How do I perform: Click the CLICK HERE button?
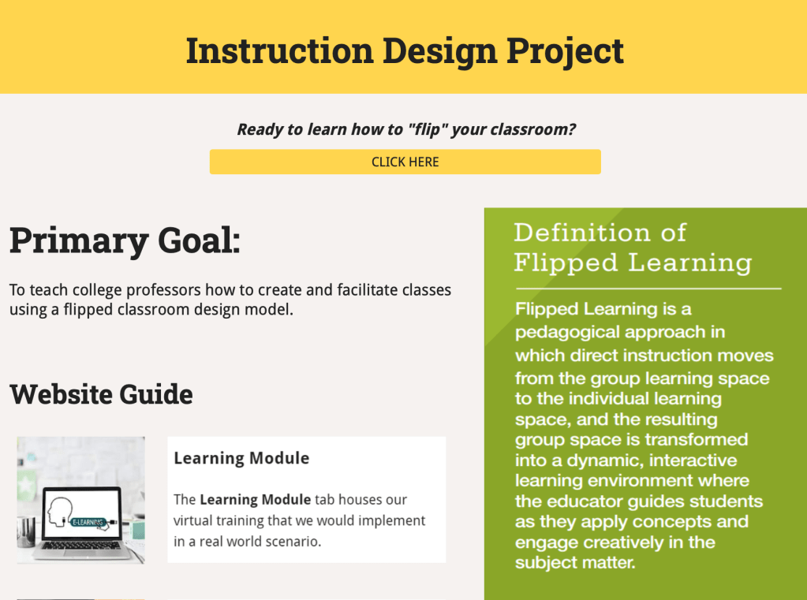405,162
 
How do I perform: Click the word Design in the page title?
440,51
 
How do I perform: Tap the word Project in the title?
565,51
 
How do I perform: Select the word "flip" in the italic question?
428,129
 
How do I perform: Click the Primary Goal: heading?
125,240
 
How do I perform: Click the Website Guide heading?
101,394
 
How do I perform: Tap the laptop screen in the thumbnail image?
81,514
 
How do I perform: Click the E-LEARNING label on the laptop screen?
88,522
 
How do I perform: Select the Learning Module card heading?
241,458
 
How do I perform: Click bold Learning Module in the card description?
256,500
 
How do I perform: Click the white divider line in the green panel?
648,289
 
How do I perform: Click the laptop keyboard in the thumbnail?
81,546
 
